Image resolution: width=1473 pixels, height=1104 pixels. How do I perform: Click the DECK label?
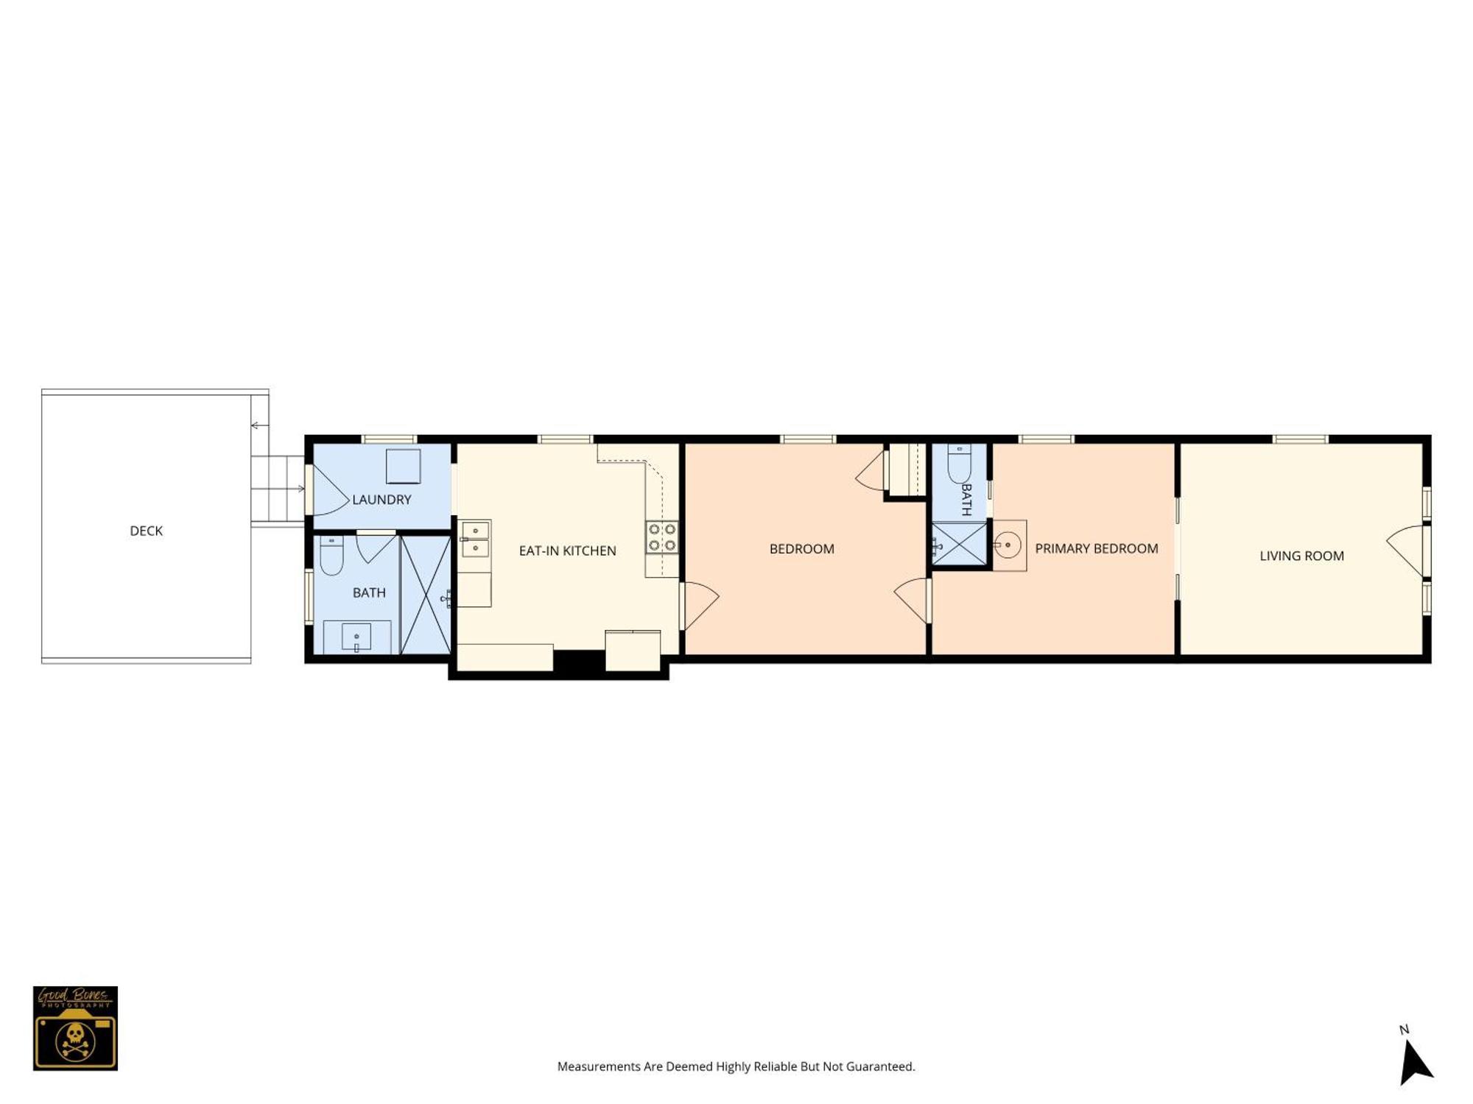point(146,531)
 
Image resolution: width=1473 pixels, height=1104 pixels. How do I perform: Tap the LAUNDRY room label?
point(382,500)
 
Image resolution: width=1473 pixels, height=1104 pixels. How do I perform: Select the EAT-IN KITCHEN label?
point(567,551)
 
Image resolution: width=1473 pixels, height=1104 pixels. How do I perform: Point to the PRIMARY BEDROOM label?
point(1097,548)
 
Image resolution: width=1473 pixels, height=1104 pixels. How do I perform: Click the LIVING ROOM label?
point(1301,556)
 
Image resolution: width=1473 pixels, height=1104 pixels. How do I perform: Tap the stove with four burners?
point(662,537)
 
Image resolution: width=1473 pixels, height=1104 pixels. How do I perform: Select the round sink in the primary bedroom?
point(1008,545)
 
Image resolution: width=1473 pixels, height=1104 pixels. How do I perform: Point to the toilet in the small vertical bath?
point(959,464)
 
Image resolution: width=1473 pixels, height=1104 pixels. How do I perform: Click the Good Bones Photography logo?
point(75,1028)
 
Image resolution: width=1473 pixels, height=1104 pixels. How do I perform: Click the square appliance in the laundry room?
point(404,466)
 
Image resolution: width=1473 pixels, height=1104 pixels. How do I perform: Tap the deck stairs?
point(278,489)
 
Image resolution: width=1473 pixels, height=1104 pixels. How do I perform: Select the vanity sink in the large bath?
point(356,637)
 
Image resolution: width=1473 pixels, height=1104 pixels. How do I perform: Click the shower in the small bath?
point(959,544)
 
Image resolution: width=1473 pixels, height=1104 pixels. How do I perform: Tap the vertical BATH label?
point(966,500)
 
